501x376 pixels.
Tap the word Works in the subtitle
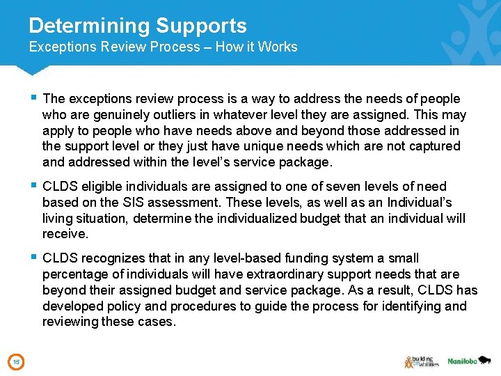[x=276, y=47]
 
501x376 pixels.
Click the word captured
[x=433, y=146]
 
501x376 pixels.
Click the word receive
[x=65, y=235]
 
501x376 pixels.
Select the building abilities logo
[x=420, y=361]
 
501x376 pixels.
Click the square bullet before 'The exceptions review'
[x=33, y=98]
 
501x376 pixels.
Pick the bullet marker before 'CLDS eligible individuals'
[x=33, y=186]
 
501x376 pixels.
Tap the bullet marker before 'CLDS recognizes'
[x=33, y=258]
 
